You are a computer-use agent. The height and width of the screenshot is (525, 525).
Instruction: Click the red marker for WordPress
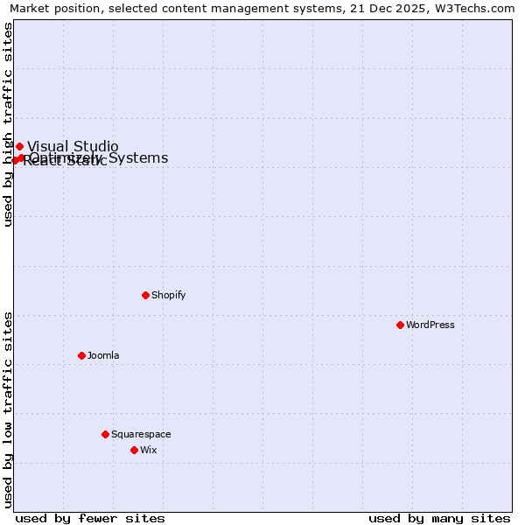click(x=400, y=325)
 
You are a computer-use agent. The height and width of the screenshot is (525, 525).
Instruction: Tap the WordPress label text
click(x=430, y=325)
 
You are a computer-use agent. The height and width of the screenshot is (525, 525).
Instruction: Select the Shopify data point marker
click(x=145, y=295)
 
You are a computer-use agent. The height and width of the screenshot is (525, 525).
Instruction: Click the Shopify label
click(x=169, y=295)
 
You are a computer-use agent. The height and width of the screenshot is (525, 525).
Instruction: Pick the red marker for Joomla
click(x=81, y=355)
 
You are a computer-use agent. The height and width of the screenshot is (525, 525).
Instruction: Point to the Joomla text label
click(x=103, y=355)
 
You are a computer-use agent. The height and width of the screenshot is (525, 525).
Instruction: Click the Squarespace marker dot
click(x=105, y=434)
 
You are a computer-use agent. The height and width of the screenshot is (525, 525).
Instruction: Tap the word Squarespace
click(x=141, y=434)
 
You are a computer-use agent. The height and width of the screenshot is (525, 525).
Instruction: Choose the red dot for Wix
click(x=134, y=450)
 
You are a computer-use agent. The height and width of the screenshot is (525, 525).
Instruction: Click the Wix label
click(x=149, y=450)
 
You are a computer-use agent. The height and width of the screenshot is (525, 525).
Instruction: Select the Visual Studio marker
click(x=19, y=146)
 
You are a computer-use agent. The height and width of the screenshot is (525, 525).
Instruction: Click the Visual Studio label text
click(x=73, y=146)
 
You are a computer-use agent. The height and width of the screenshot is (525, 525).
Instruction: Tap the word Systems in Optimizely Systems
click(x=138, y=157)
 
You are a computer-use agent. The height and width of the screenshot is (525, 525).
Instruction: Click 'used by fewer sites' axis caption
click(x=90, y=518)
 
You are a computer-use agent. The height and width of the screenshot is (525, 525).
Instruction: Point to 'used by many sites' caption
click(x=439, y=518)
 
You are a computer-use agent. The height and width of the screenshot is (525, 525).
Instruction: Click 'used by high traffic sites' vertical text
click(x=9, y=124)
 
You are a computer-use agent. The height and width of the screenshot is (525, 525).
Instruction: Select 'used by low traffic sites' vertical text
click(x=9, y=409)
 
